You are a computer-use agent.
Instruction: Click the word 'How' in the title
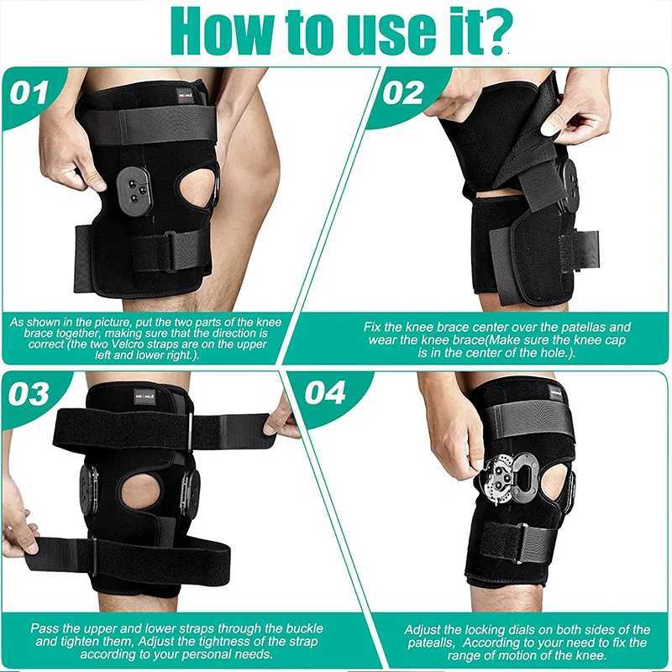pyautogui.click(x=221, y=32)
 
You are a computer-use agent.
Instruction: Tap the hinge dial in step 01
pyautogui.click(x=134, y=186)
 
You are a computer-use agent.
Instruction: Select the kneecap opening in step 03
pyautogui.click(x=140, y=491)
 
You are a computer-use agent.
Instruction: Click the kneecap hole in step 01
pyautogui.click(x=198, y=186)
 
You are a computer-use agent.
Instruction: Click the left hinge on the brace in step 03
pyautogui.click(x=88, y=488)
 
